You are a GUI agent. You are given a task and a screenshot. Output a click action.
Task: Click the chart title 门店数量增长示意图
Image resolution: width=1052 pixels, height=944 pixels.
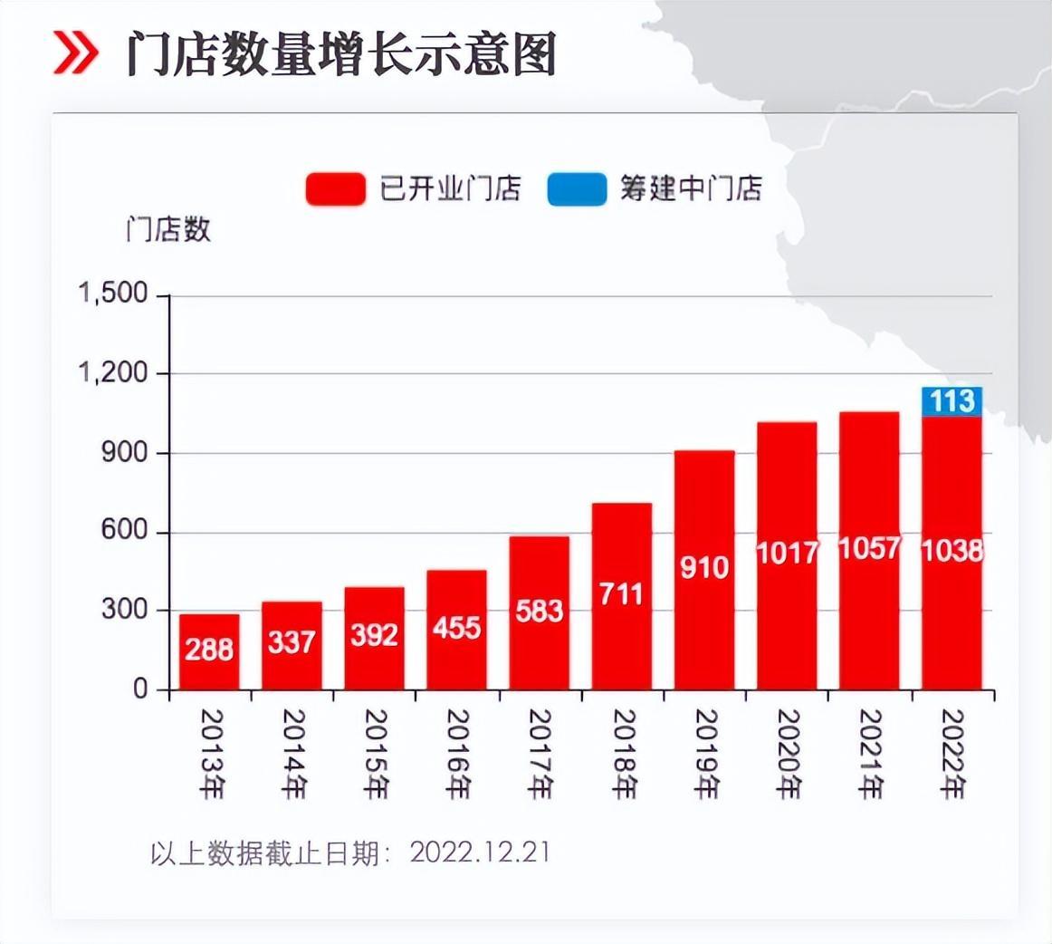point(340,54)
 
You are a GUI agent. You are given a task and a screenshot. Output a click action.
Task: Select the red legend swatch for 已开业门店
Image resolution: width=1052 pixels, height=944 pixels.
point(336,189)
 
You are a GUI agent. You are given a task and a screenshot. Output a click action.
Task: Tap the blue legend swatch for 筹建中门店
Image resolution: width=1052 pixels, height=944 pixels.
point(577,189)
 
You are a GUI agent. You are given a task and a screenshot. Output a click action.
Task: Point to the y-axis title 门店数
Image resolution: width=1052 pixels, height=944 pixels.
point(168,230)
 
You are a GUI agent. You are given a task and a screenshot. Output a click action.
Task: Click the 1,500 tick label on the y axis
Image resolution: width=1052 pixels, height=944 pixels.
point(113,294)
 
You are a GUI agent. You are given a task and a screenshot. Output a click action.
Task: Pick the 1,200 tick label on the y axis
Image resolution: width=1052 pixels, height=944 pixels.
point(113,373)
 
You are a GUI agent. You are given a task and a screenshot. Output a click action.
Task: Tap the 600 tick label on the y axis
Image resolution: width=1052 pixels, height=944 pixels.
point(124,531)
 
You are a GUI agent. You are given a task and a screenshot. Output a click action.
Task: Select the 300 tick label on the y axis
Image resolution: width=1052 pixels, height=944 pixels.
point(124,610)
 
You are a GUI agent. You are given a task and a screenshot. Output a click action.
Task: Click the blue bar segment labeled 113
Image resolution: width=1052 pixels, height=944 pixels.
point(952,401)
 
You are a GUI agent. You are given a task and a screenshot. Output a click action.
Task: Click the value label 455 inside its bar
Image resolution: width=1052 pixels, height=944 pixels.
point(456,627)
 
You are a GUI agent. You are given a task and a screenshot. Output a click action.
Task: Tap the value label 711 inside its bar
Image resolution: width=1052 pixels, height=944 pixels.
point(621,594)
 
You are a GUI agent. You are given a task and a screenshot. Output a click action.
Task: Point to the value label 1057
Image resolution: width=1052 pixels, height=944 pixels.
point(869,548)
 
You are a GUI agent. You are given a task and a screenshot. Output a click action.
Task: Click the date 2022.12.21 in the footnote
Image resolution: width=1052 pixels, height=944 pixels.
point(480,852)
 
